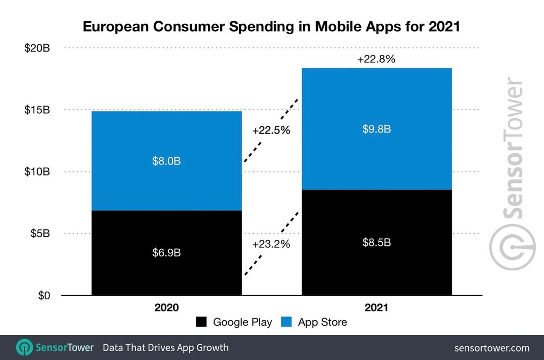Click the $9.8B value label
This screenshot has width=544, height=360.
[377, 129]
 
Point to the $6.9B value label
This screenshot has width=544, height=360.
[166, 253]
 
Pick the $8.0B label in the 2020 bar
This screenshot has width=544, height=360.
[166, 161]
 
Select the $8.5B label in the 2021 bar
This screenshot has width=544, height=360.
[377, 243]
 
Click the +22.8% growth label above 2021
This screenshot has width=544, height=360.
[377, 59]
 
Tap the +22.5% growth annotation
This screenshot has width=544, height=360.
[271, 131]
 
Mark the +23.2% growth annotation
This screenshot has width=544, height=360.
[271, 244]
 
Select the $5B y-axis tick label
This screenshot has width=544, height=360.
[39, 233]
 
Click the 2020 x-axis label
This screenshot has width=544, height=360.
[166, 308]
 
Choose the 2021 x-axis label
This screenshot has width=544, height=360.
[377, 308]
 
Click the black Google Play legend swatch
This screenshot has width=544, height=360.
[201, 322]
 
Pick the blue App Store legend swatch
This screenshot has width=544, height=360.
[286, 322]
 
